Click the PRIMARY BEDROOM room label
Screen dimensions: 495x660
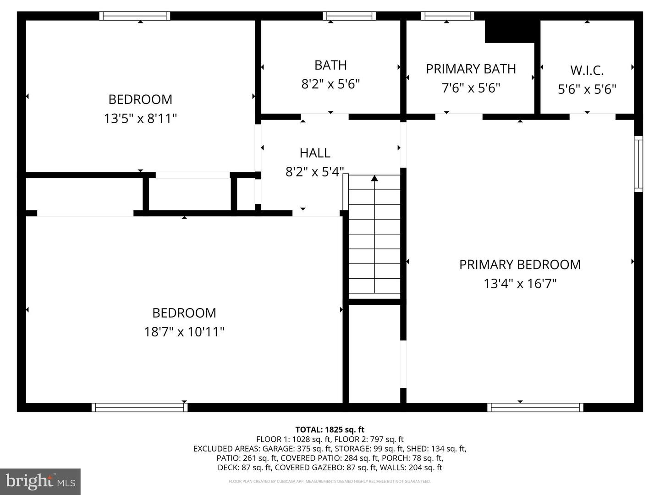[520, 264]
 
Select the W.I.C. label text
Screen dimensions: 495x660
[587, 70]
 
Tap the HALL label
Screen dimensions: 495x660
[315, 153]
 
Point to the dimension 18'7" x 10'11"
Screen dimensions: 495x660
[184, 331]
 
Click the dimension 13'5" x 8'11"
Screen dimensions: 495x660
[140, 118]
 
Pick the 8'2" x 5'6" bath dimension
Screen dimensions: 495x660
[330, 84]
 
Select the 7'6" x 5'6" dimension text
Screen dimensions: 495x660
[471, 88]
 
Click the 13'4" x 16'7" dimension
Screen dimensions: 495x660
[520, 283]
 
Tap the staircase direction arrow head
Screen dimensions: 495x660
[374, 178]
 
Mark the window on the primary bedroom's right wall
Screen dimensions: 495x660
[638, 164]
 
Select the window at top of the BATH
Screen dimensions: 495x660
[349, 16]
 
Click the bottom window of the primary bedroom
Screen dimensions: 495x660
[535, 407]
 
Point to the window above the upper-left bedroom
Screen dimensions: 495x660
[135, 16]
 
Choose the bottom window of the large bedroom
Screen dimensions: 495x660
[139, 407]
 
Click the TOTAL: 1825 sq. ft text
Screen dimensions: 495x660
[330, 429]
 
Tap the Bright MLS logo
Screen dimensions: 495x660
[40, 481]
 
